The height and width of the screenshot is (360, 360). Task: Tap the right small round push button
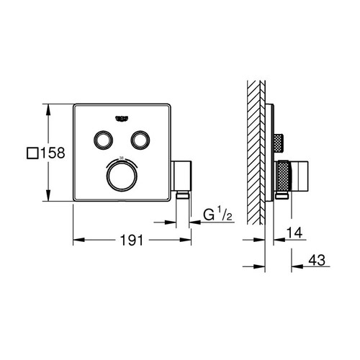(141, 140)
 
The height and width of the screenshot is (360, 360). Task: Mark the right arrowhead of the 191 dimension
(186, 239)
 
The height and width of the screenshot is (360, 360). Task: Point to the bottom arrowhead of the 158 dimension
(48, 202)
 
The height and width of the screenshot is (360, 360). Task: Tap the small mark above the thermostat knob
(121, 157)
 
